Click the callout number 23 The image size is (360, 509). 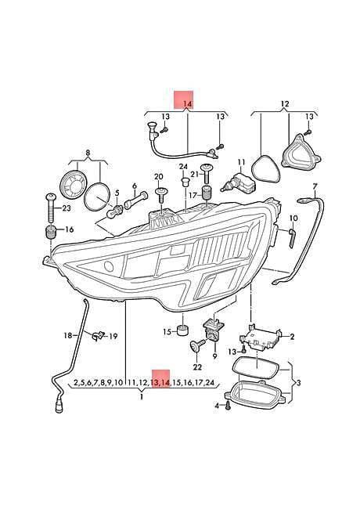[67, 208]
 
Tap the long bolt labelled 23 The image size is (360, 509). [51, 207]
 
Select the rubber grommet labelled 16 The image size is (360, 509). [50, 231]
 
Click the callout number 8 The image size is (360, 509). [88, 153]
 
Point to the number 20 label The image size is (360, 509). [159, 177]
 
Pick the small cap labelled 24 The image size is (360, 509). [185, 182]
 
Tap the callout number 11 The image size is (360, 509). [241, 162]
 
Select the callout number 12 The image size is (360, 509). [284, 104]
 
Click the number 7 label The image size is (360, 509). [314, 186]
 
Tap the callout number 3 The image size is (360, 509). [298, 383]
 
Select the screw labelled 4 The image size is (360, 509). [228, 405]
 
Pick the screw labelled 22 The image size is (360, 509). [197, 346]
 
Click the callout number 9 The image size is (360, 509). [214, 356]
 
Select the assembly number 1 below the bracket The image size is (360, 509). [142, 397]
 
